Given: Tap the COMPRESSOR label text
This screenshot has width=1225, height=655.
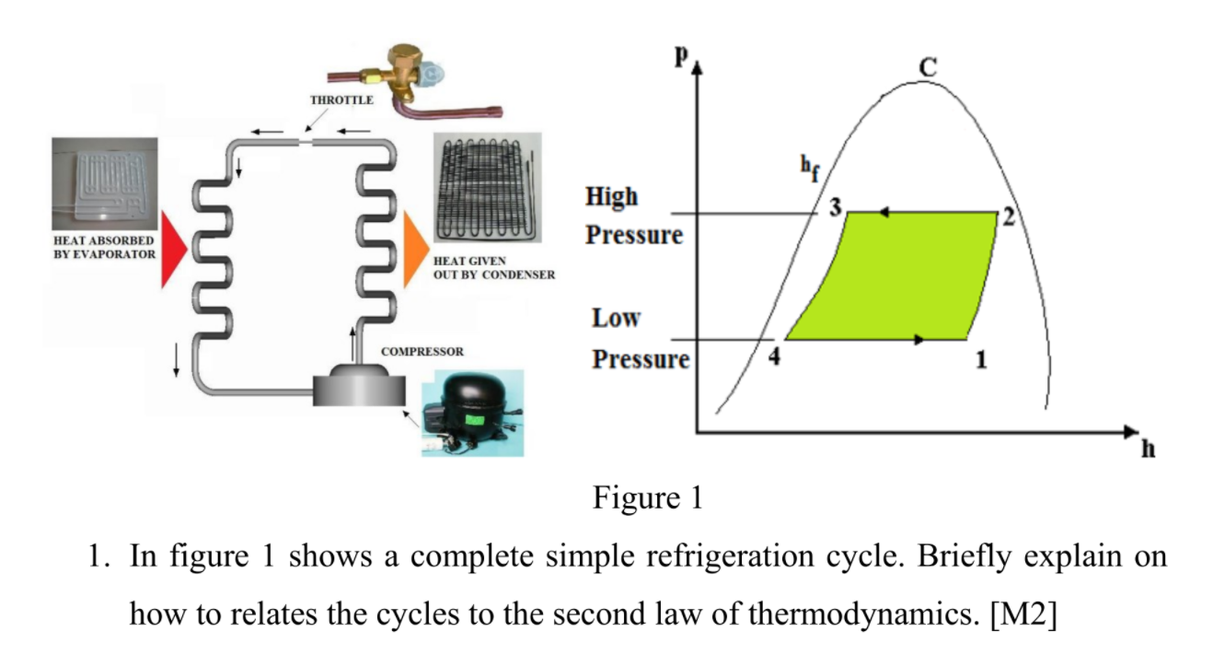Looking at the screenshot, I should (422, 352).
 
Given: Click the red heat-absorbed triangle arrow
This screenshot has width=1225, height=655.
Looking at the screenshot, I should (173, 247).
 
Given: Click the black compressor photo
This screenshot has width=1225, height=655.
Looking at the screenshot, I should (470, 412).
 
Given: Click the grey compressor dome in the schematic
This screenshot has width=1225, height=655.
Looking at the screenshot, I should (360, 383).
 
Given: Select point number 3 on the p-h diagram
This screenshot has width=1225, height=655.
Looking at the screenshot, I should (835, 208).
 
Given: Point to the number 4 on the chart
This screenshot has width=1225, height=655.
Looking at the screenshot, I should (774, 357).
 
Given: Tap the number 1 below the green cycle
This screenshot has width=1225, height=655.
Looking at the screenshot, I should (981, 360).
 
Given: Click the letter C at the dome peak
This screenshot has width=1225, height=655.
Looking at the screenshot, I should (928, 67).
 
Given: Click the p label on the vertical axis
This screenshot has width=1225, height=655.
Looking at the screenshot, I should (681, 54).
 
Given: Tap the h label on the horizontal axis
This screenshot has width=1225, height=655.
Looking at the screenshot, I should (1148, 449).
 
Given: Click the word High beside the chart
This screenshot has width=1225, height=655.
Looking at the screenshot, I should (611, 196).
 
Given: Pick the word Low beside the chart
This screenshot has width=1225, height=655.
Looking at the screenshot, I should (616, 319).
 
